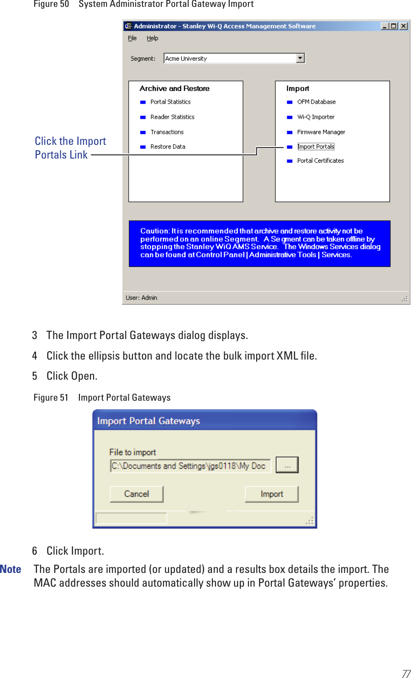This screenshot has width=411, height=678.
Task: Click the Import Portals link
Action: point(316,147)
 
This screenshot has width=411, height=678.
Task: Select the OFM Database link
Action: point(316,102)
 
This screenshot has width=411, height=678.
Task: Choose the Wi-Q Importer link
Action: point(316,117)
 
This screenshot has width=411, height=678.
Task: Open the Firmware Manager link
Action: point(321,132)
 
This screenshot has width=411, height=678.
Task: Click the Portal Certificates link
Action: point(320,161)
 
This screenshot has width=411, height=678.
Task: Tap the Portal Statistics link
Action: point(170,102)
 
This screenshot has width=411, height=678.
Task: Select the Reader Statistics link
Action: point(172,117)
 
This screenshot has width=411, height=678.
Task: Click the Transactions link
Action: point(167,132)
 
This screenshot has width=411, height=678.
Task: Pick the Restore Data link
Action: point(168,147)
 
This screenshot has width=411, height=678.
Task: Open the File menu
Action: point(132,38)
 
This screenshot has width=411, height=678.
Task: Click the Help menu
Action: point(152,38)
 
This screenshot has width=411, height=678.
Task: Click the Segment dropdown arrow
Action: point(300,58)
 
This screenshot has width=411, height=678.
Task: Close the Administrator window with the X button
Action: point(403,26)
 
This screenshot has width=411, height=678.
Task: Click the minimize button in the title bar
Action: point(385,26)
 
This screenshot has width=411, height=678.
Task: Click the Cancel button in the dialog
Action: point(137,494)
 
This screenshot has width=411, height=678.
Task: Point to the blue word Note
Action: point(11,569)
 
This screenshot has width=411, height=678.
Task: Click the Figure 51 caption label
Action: point(51,397)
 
